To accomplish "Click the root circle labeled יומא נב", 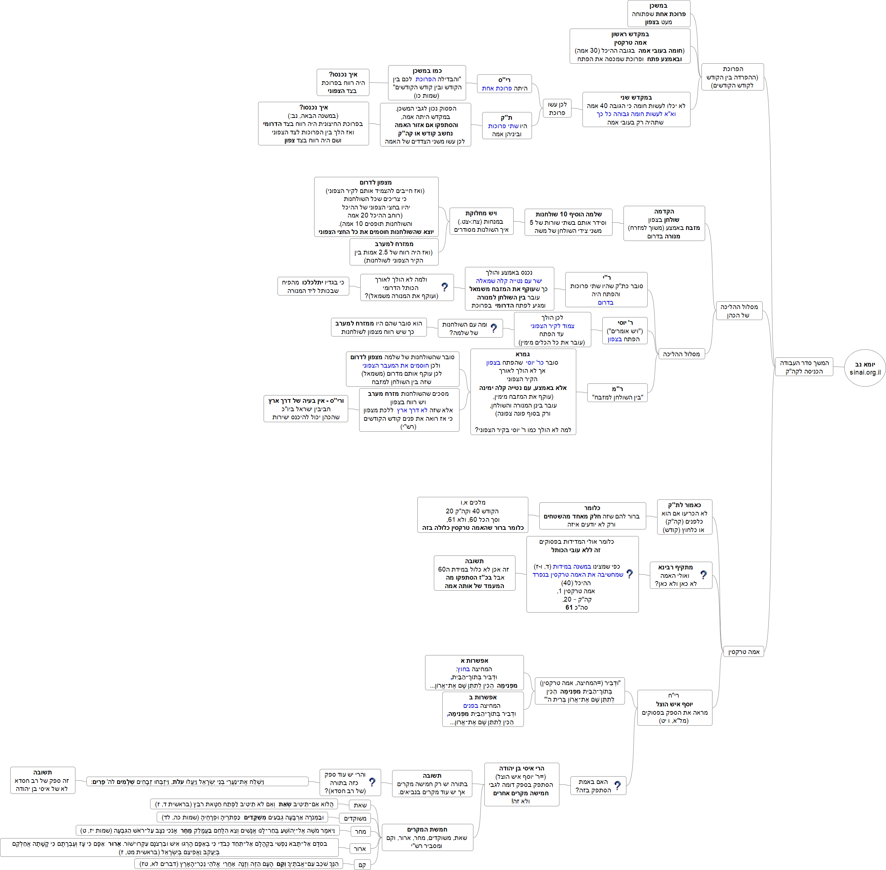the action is point(864,368).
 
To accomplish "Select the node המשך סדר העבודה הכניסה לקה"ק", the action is point(804,367).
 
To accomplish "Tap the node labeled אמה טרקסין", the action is point(744,652).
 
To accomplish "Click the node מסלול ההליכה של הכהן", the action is point(738,311).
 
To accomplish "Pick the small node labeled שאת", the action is point(360,805).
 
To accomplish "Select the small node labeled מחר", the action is point(361,832).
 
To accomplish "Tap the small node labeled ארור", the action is point(360,848).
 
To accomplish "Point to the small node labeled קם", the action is point(362,865).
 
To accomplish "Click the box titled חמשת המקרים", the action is point(427,837).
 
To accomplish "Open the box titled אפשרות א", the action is point(474,673).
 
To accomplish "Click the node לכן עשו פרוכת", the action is point(557,108).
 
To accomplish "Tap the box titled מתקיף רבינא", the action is point(675,575).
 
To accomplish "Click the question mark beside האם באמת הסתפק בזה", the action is point(617,785).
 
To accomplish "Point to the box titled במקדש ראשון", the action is point(630,46).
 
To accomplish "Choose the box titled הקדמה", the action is point(663,223).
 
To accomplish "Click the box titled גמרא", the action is point(523,391).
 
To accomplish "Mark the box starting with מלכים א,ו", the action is point(473,515).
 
